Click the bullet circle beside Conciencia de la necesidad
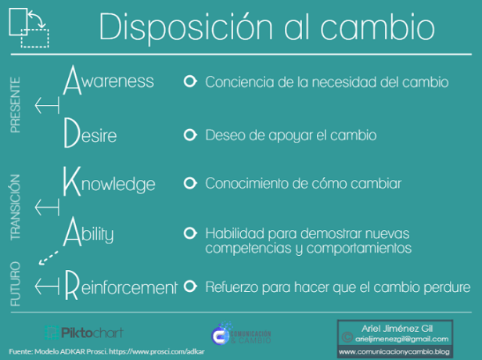[189, 81]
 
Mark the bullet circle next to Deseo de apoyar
[189, 135]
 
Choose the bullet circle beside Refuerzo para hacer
[189, 286]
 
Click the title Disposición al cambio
[266, 28]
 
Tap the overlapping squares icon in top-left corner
[28, 29]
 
